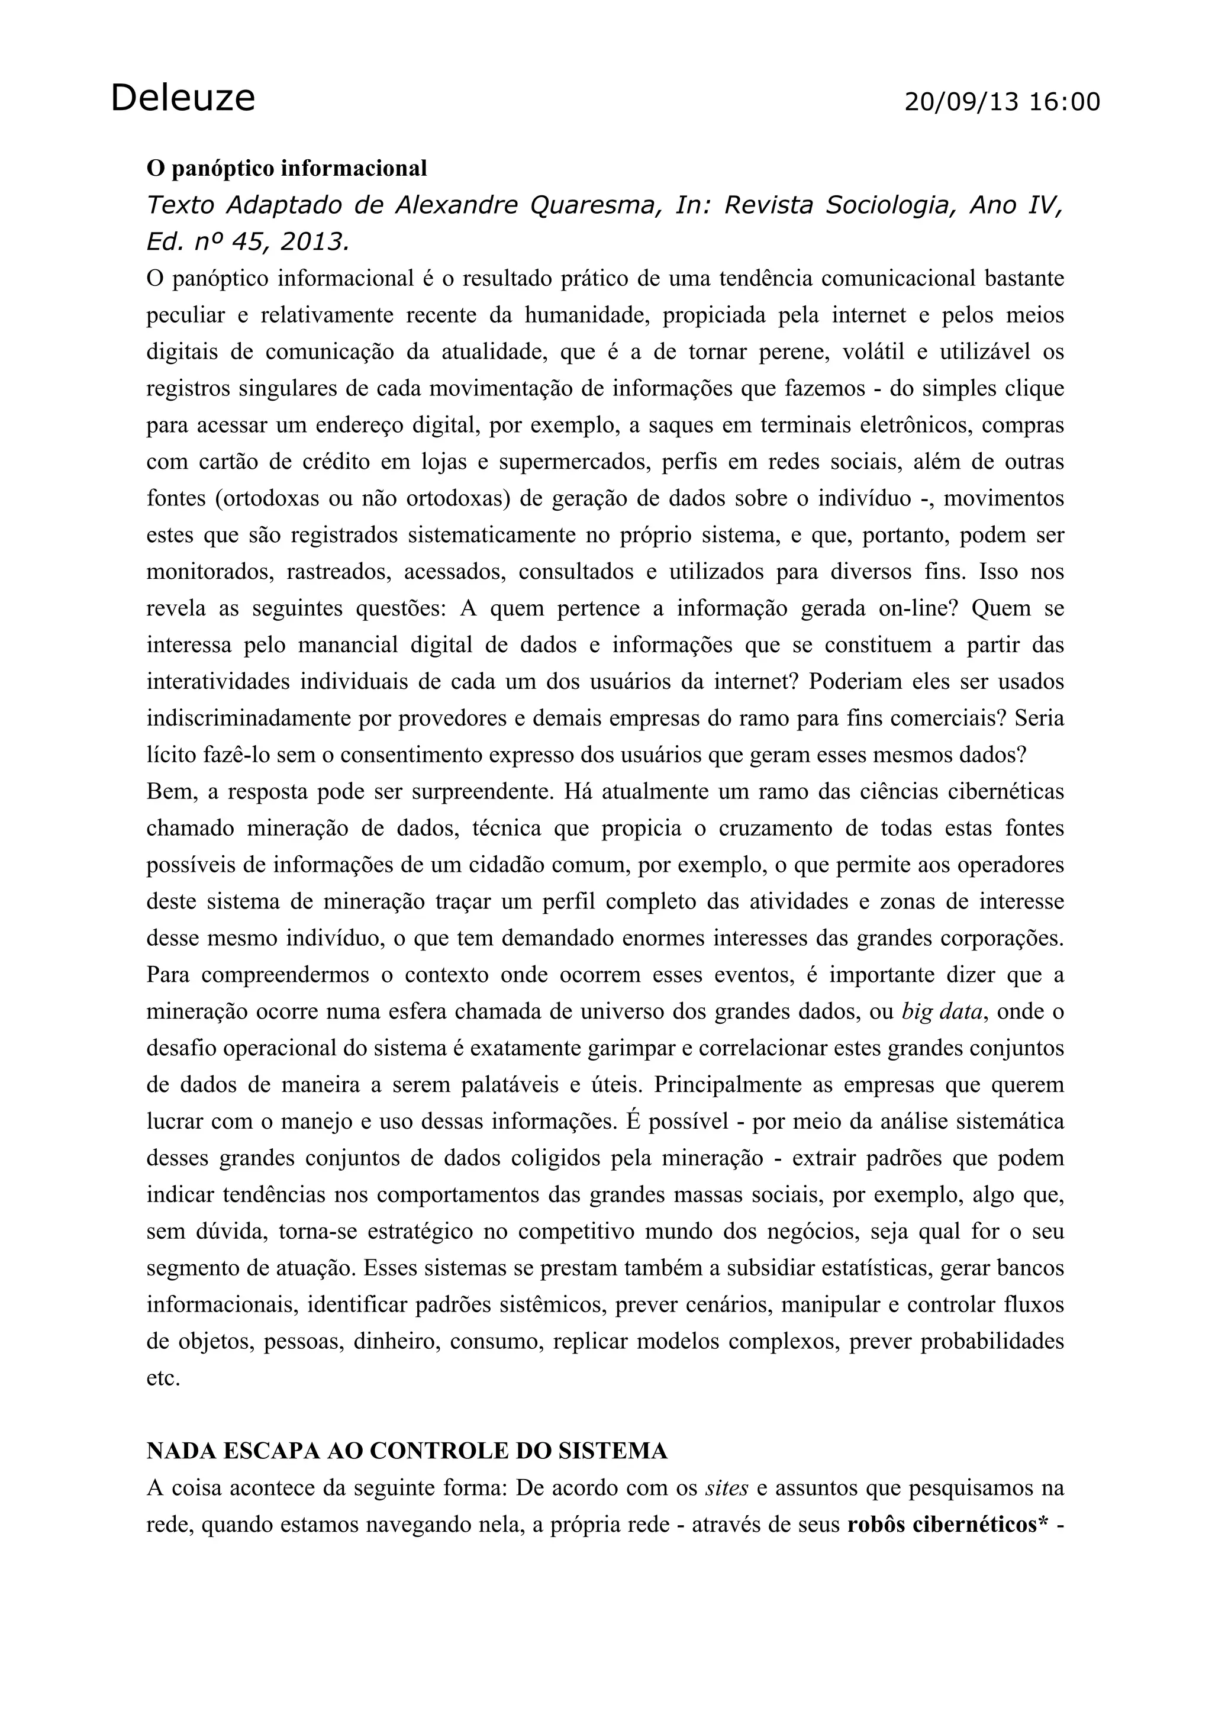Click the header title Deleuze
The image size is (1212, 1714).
[183, 98]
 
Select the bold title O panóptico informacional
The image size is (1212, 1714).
[286, 169]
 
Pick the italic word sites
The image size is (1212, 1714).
[727, 1488]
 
